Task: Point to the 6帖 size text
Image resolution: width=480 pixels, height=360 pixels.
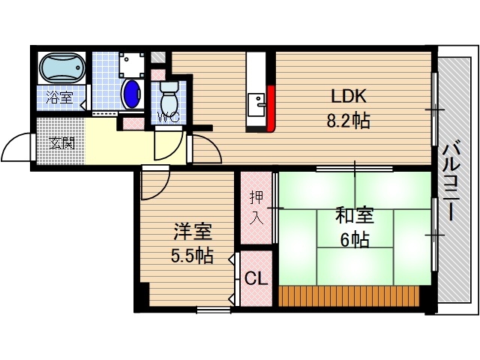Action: [353, 241]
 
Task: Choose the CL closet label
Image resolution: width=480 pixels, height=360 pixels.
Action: [256, 279]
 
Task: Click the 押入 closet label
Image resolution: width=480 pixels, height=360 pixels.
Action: [256, 207]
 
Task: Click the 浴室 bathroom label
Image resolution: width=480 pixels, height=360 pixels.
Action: [59, 97]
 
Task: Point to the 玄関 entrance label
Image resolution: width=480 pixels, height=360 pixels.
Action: [61, 142]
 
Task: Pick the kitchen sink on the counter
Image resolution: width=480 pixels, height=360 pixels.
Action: [257, 101]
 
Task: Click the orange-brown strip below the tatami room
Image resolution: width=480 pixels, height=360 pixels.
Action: [349, 295]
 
